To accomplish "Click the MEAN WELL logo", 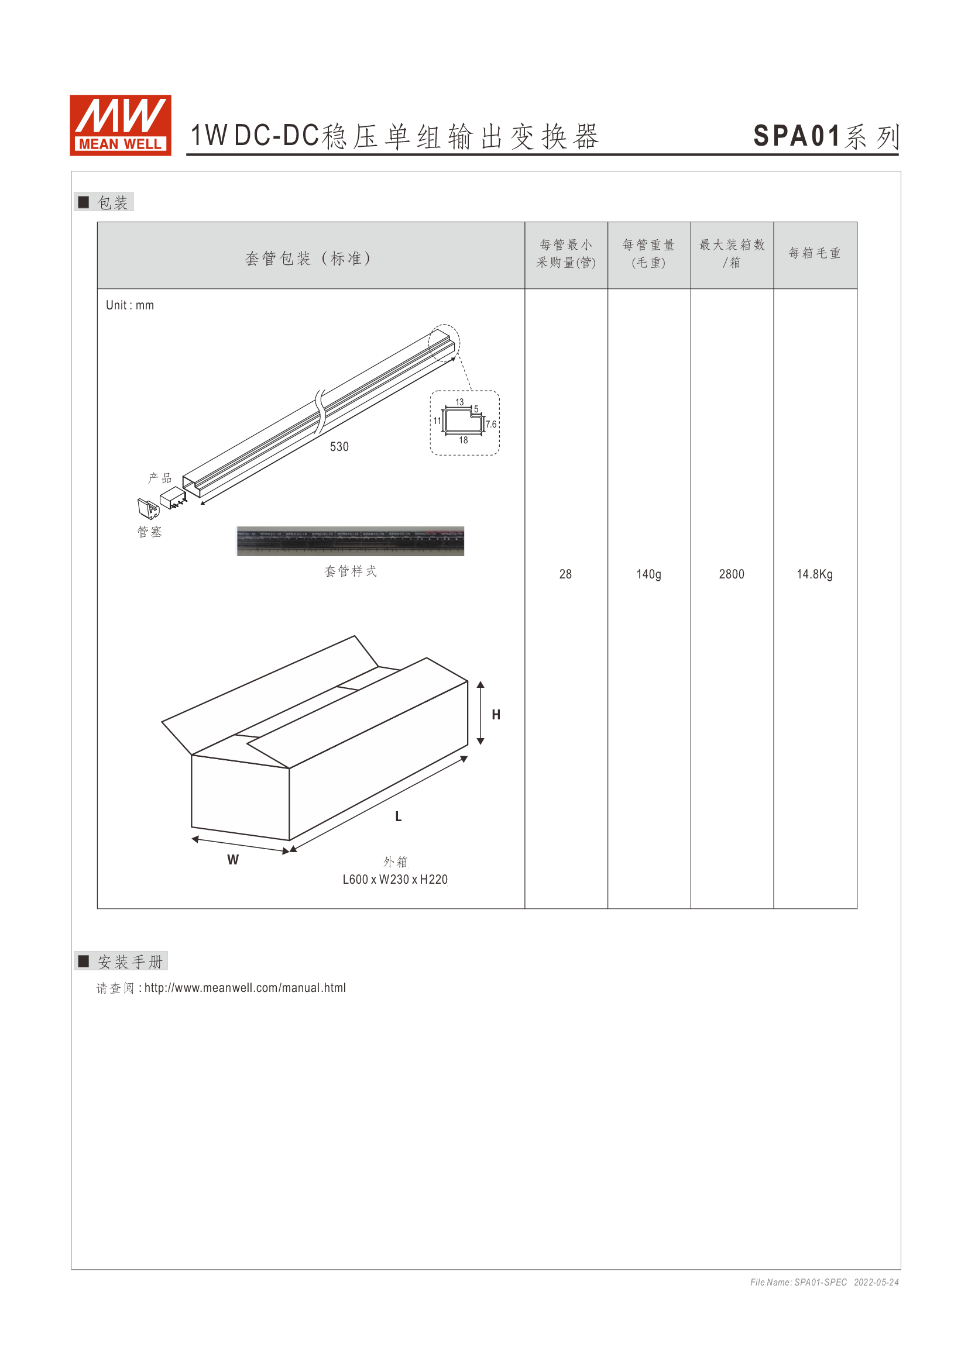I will tap(121, 125).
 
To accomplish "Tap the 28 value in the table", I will tap(565, 574).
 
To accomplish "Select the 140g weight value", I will tap(648, 574).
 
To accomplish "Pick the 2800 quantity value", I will tap(732, 574).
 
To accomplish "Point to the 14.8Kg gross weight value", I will tap(814, 574).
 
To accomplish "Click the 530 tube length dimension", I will tap(339, 446).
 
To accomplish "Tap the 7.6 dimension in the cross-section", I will tap(490, 424).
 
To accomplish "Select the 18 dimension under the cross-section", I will tap(463, 440).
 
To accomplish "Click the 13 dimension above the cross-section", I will tap(459, 402).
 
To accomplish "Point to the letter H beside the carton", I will tap(496, 714).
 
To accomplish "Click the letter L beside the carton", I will tap(398, 816).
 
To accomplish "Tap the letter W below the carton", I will tap(233, 860).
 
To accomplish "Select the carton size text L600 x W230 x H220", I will tap(394, 880).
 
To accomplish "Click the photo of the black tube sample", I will tap(351, 541).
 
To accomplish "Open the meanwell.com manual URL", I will tap(245, 988).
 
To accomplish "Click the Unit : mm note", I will tap(130, 305).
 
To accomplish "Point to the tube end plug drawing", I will tap(148, 508).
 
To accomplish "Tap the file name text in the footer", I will tap(798, 1282).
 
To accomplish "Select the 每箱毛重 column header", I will tap(814, 253).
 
